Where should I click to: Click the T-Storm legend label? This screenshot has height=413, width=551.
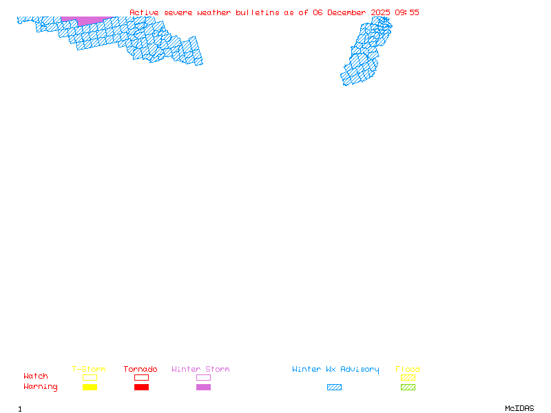pyautogui.click(x=89, y=370)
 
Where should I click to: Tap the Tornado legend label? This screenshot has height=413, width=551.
pyautogui.click(x=141, y=370)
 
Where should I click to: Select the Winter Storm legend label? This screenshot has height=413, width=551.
pyautogui.click(x=200, y=370)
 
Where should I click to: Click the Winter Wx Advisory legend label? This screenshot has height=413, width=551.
pyautogui.click(x=335, y=370)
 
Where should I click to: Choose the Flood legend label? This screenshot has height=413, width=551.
pyautogui.click(x=408, y=370)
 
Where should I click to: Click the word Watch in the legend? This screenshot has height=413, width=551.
pyautogui.click(x=36, y=377)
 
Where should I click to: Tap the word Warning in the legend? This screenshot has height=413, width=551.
pyautogui.click(x=41, y=387)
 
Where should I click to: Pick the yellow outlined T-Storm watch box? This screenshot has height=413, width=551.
pyautogui.click(x=90, y=377)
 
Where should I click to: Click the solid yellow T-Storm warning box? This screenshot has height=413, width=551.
pyautogui.click(x=90, y=388)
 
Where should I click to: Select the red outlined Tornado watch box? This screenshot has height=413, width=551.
pyautogui.click(x=141, y=377)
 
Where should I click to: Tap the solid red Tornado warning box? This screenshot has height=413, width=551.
pyautogui.click(x=141, y=388)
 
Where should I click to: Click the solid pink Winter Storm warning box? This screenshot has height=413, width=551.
pyautogui.click(x=203, y=388)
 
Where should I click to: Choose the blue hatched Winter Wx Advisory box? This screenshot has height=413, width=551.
pyautogui.click(x=334, y=388)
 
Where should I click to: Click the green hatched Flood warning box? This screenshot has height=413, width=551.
pyautogui.click(x=408, y=388)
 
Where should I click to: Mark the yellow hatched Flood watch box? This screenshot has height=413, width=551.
pyautogui.click(x=408, y=377)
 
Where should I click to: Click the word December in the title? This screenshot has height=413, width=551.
pyautogui.click(x=349, y=12)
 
